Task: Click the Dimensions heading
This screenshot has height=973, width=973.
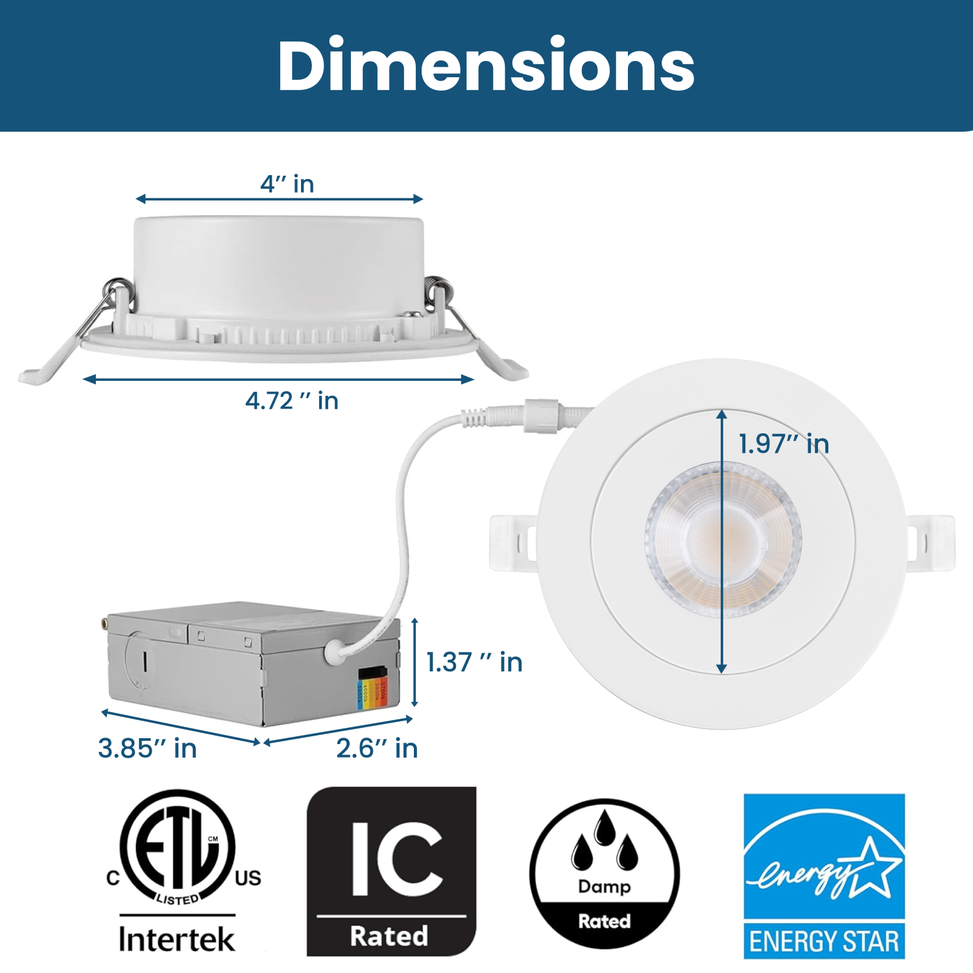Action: [x=486, y=66]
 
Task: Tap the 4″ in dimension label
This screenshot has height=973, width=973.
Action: [x=287, y=184]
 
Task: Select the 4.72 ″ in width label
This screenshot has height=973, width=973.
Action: [x=292, y=401]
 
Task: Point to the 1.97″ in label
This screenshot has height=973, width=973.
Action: [x=784, y=444]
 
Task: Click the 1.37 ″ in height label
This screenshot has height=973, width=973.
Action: [x=474, y=662]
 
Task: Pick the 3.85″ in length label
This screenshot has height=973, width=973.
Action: [x=147, y=749]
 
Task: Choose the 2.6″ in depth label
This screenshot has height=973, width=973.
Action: [x=377, y=749]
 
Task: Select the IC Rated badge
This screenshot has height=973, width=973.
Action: [x=391, y=871]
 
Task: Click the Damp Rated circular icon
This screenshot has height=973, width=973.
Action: [x=605, y=873]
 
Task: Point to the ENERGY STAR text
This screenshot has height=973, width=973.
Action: [x=824, y=941]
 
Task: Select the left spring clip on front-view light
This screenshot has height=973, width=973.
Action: [x=512, y=542]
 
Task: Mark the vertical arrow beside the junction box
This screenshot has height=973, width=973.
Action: [x=415, y=662]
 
